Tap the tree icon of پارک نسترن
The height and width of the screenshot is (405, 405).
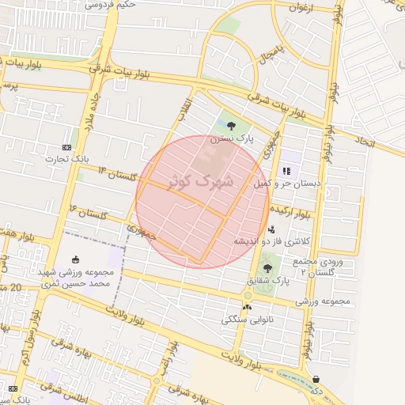point(231,125)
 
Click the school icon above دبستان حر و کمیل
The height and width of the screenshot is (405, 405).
point(286,170)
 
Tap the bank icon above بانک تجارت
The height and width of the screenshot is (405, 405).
point(66,148)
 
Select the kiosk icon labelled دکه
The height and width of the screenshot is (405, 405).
point(316,380)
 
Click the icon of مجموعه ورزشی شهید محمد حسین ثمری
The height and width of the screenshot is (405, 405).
point(75,259)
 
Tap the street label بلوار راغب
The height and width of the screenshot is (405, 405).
point(167,355)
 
